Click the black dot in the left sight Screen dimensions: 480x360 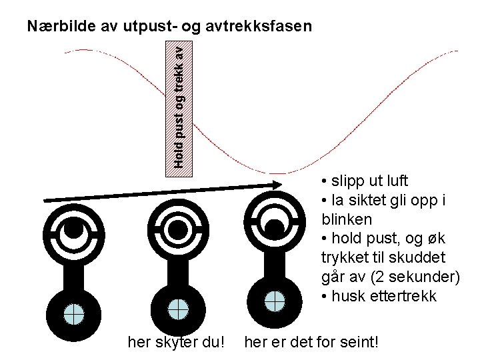click(74, 229)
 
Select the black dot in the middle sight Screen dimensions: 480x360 click(176, 228)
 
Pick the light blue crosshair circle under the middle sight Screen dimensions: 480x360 click(176, 309)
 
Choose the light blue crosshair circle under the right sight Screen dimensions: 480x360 click(274, 301)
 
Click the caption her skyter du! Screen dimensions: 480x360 click(176, 343)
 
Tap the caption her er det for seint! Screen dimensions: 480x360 click(312, 343)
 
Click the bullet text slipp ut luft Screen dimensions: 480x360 click(368, 181)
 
